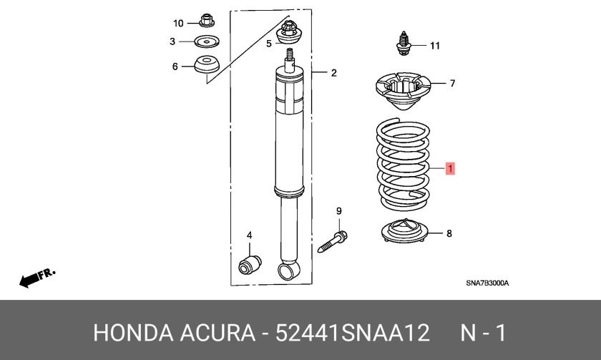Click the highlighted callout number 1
(450, 168)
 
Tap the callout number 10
(178, 24)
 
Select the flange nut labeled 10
(207, 20)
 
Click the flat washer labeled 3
(207, 42)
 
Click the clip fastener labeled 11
(404, 44)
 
